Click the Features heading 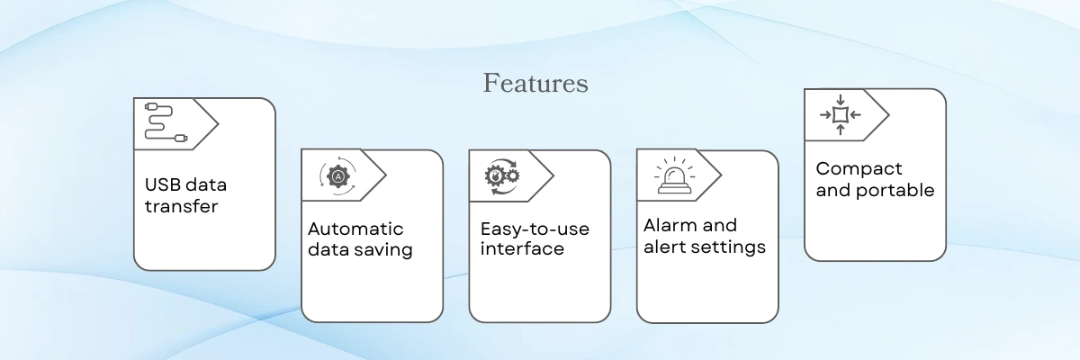click(535, 83)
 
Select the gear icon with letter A click(338, 175)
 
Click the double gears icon click(502, 176)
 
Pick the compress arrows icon click(841, 114)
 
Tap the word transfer click(181, 206)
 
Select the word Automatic click(355, 229)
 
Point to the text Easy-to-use click(535, 229)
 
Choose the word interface click(522, 248)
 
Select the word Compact click(859, 169)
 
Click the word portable click(895, 191)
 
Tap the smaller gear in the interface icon click(514, 175)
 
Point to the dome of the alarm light click(674, 177)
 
